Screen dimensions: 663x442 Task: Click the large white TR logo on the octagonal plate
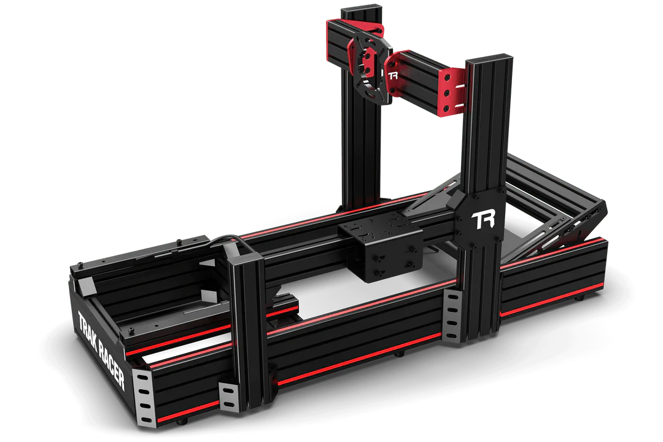pos(483,220)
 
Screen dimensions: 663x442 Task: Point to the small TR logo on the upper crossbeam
pos(394,76)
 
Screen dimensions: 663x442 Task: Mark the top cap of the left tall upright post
pos(362,10)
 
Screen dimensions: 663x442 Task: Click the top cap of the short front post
pos(246,257)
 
